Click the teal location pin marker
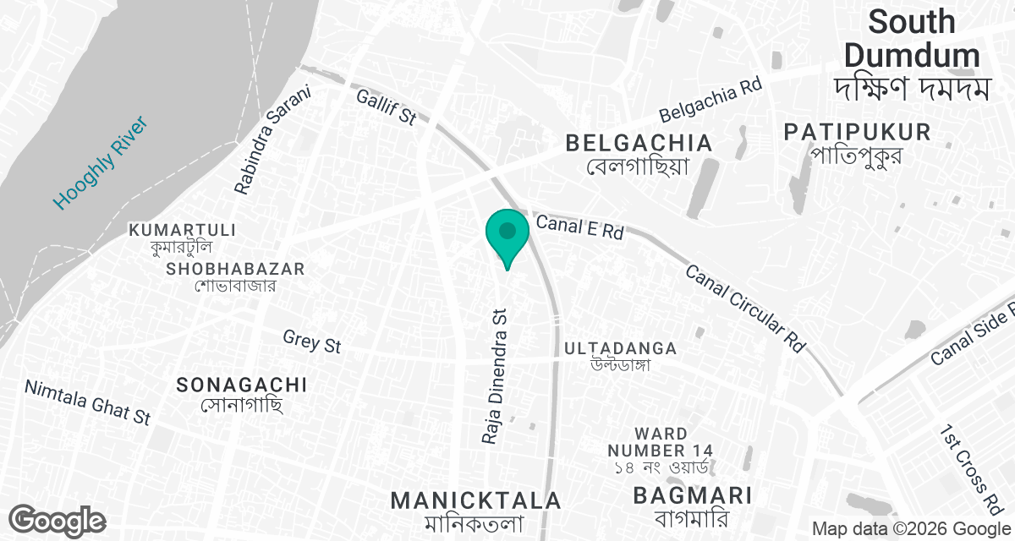[x=507, y=232]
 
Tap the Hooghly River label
[x=100, y=164]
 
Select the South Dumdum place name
[x=912, y=39]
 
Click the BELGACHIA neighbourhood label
[x=639, y=143]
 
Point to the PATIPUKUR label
[x=857, y=132]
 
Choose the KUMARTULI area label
[x=182, y=230]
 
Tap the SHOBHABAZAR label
[x=235, y=269]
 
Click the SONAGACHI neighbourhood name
[x=242, y=385]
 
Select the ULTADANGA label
[x=620, y=348]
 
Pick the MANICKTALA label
[x=475, y=500]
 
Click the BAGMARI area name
[x=692, y=495]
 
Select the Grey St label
[x=312, y=341]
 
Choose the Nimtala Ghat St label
[x=87, y=402]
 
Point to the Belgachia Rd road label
[x=710, y=99]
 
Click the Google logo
[x=58, y=520]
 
